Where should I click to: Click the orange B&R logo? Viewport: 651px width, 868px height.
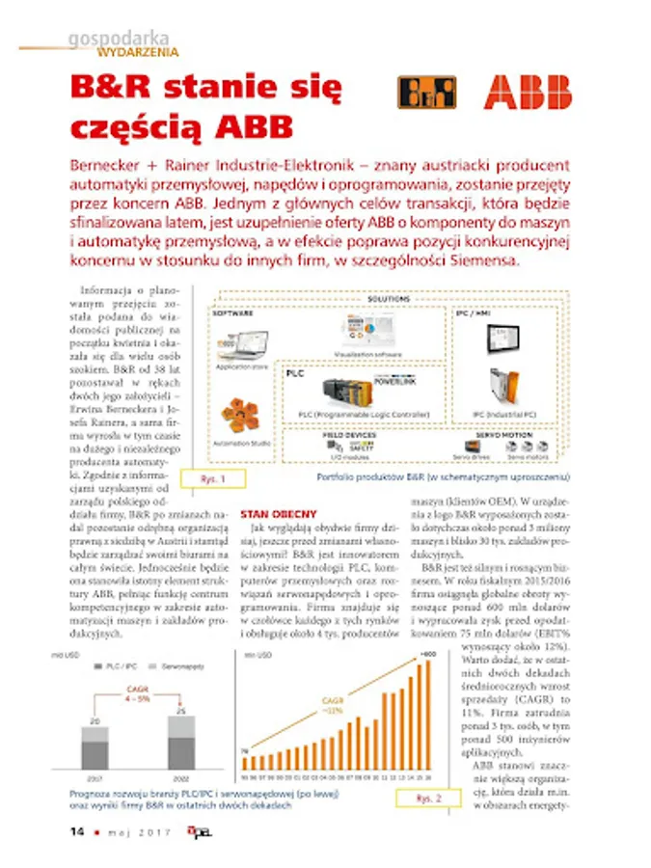[427, 93]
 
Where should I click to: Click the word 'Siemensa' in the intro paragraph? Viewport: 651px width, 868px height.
[486, 262]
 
